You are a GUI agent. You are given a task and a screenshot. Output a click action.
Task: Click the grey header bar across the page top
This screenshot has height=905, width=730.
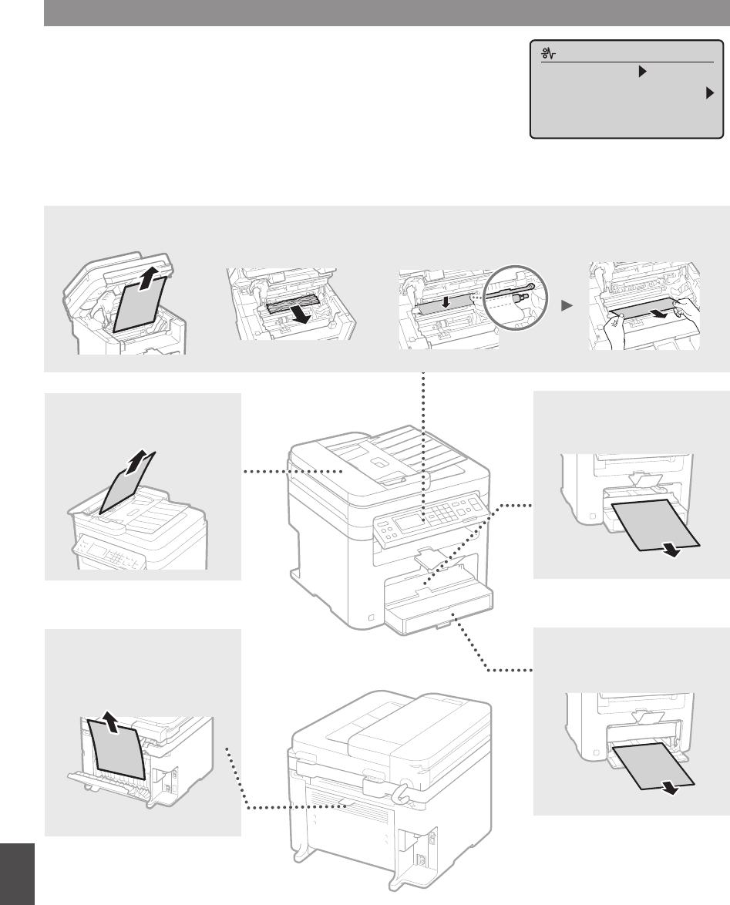coord(385,13)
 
